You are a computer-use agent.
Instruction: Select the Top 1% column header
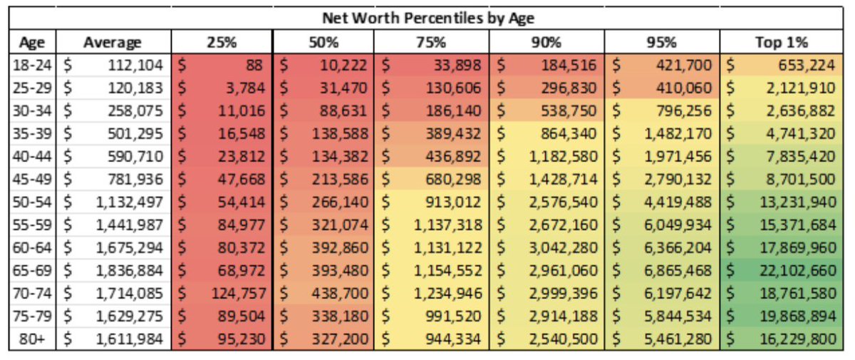pos(781,42)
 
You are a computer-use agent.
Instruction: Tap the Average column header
pos(113,42)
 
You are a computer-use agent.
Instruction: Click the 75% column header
pos(431,42)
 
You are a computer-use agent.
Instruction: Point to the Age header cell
pos(31,42)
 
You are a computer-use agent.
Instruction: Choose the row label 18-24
pos(31,66)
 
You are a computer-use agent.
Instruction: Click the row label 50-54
pos(31,202)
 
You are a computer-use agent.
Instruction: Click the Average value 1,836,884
pos(129,271)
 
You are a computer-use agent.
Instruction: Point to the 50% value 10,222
pos(343,66)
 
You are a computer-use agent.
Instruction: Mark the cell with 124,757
pos(238,294)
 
